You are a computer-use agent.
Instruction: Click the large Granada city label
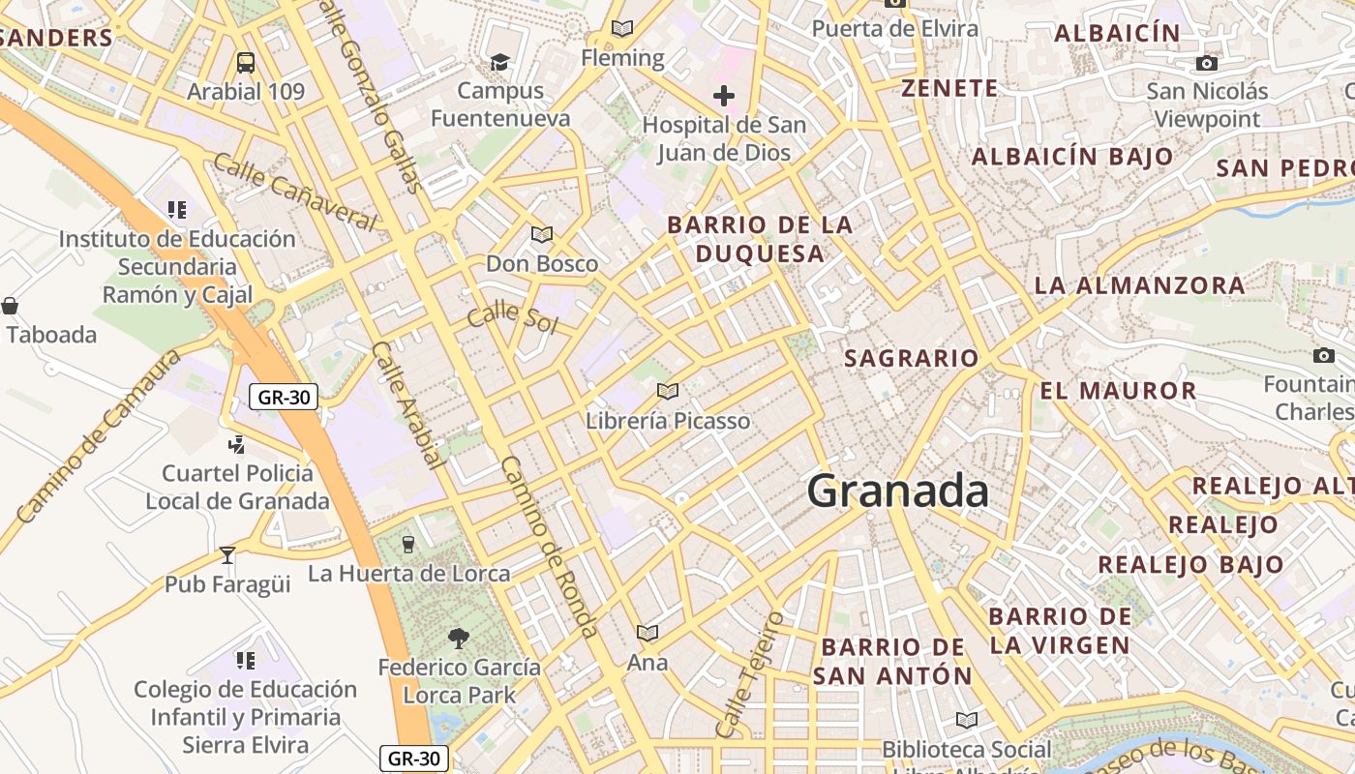coord(897,491)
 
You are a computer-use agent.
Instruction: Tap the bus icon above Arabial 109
coord(246,63)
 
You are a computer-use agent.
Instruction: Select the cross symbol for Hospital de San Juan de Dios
coord(723,96)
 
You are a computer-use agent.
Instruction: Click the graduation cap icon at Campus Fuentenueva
coord(499,62)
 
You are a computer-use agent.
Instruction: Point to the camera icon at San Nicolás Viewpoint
coord(1206,64)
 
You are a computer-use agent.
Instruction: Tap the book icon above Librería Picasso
coord(667,391)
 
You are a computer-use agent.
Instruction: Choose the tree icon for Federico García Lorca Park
coord(459,638)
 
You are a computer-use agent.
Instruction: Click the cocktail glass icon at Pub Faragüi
coord(227,555)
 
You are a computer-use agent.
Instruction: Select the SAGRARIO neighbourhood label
coord(911,358)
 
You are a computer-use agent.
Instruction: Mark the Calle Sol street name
coord(513,317)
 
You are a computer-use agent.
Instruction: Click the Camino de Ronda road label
coord(549,547)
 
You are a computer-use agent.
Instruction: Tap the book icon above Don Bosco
coord(542,234)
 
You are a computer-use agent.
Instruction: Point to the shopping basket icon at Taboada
coord(10,307)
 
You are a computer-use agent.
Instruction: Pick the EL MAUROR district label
coord(1118,391)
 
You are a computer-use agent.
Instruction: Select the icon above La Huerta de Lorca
coord(407,544)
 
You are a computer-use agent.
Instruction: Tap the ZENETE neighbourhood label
coord(949,88)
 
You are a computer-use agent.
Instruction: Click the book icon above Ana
coord(647,633)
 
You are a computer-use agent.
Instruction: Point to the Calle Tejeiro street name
coord(748,673)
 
